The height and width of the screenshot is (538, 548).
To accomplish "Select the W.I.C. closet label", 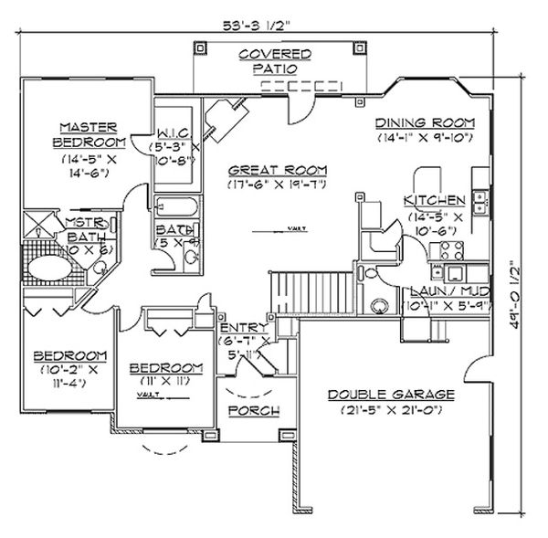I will pos(174,132).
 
